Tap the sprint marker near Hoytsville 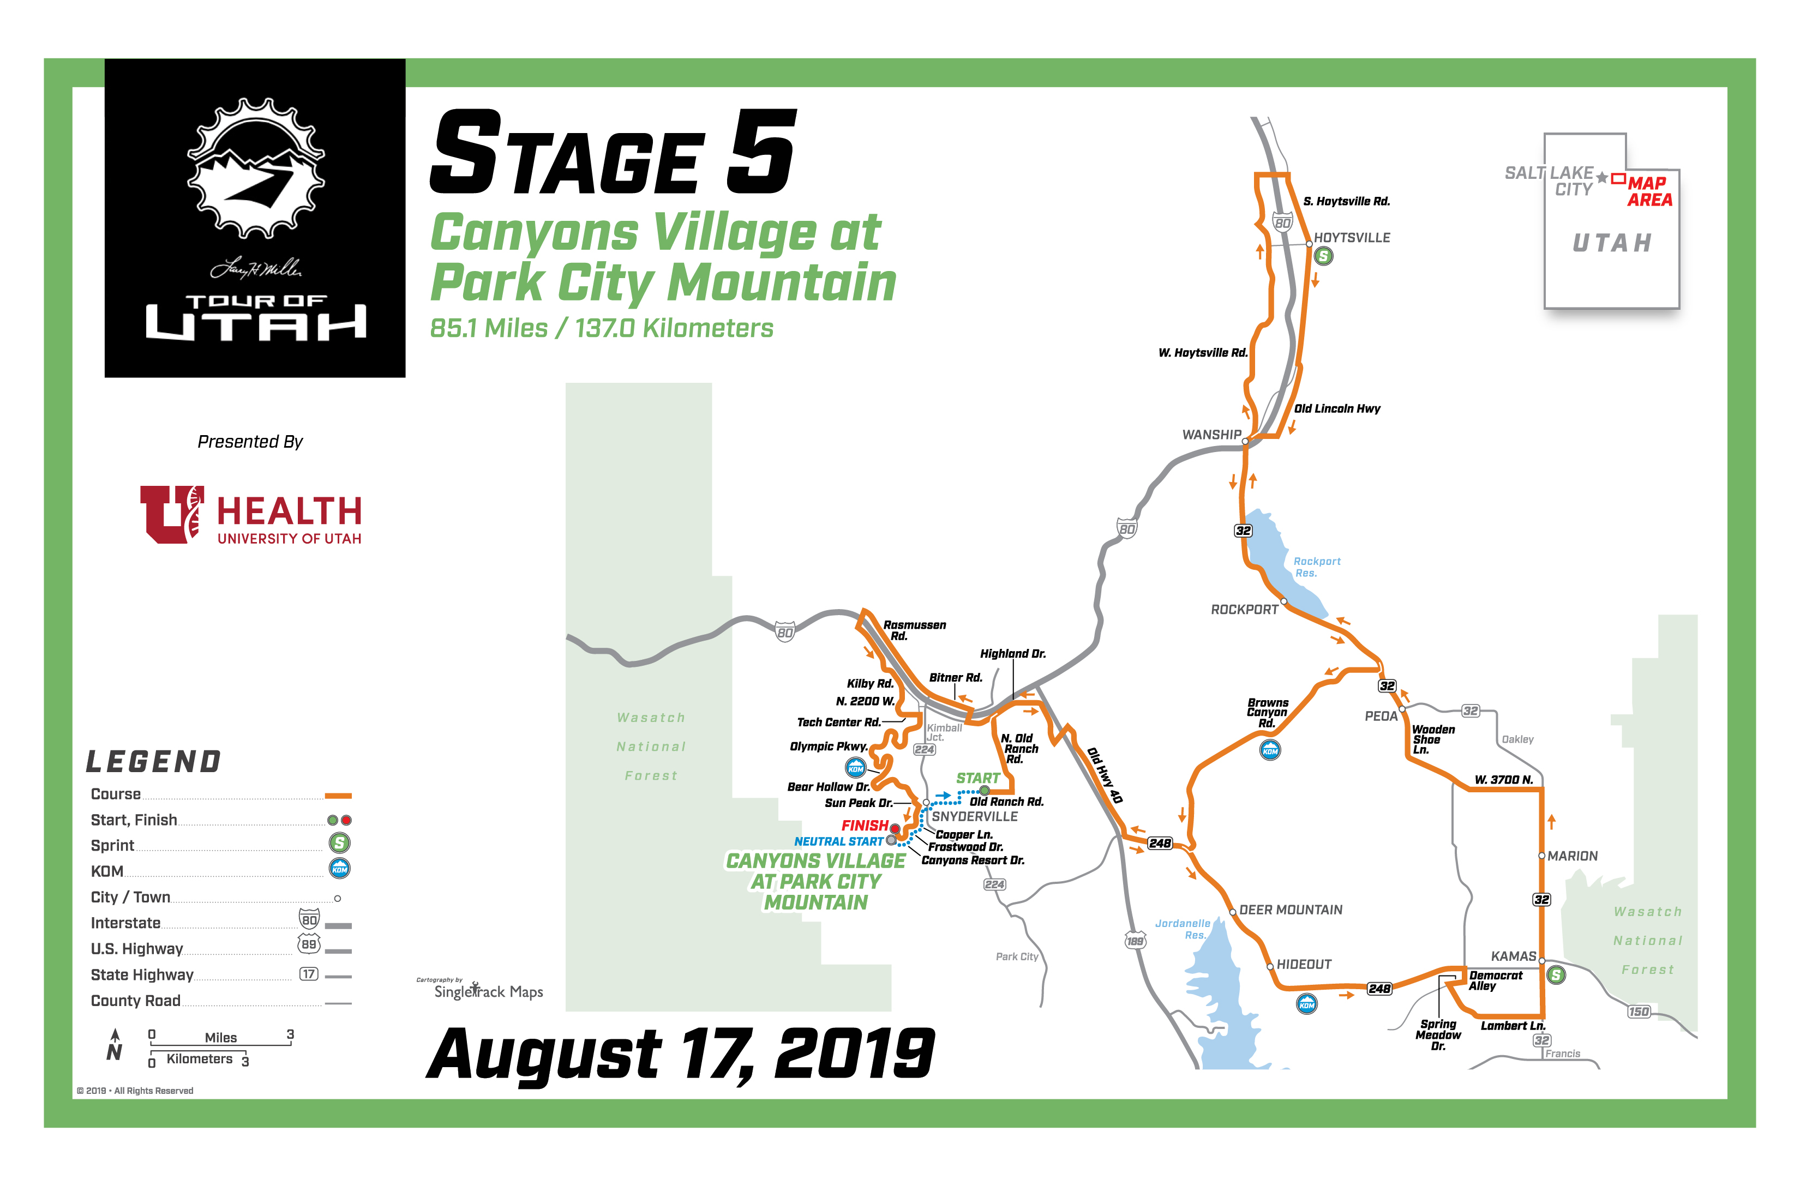[1323, 256]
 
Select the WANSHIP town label [1211, 435]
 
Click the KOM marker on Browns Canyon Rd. [1270, 750]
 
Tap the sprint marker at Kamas [1556, 975]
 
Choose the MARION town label [1572, 856]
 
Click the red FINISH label [864, 825]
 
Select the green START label [977, 778]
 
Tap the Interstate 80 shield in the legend [309, 919]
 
